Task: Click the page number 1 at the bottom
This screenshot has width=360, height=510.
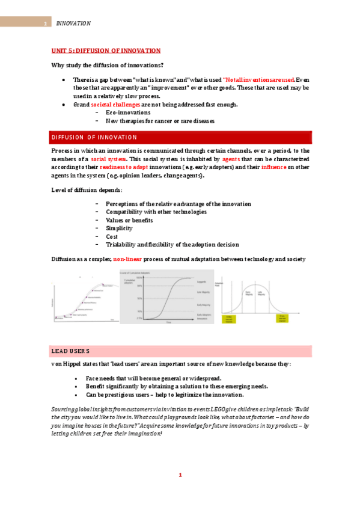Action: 180,475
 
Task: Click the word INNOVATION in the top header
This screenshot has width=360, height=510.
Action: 73,23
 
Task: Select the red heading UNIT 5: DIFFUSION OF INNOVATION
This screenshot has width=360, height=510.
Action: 105,51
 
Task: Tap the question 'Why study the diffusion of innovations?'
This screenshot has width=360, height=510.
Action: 108,65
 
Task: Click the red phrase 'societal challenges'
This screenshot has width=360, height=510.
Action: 115,105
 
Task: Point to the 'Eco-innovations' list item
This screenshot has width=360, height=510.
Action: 127,112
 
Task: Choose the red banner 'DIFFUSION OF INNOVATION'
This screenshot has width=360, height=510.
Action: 94,138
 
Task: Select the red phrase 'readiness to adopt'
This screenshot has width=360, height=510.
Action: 126,167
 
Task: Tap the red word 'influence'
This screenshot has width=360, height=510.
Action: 273,167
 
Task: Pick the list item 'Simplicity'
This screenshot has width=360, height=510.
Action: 119,229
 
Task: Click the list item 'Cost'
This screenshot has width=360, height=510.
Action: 112,236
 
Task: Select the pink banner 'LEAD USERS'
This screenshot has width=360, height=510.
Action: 70,351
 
